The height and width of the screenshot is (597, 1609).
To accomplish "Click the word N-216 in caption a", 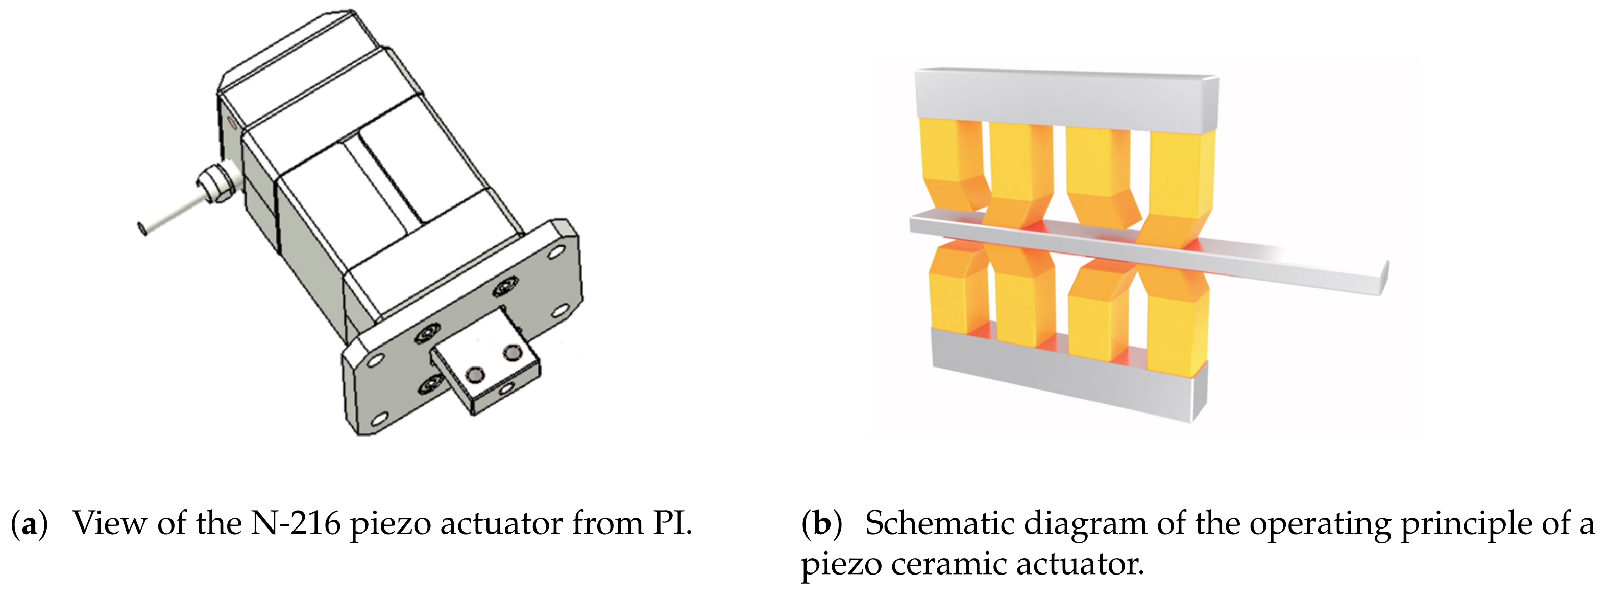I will tap(295, 523).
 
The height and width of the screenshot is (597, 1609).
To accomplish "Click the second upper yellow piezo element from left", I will tap(1018, 175).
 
